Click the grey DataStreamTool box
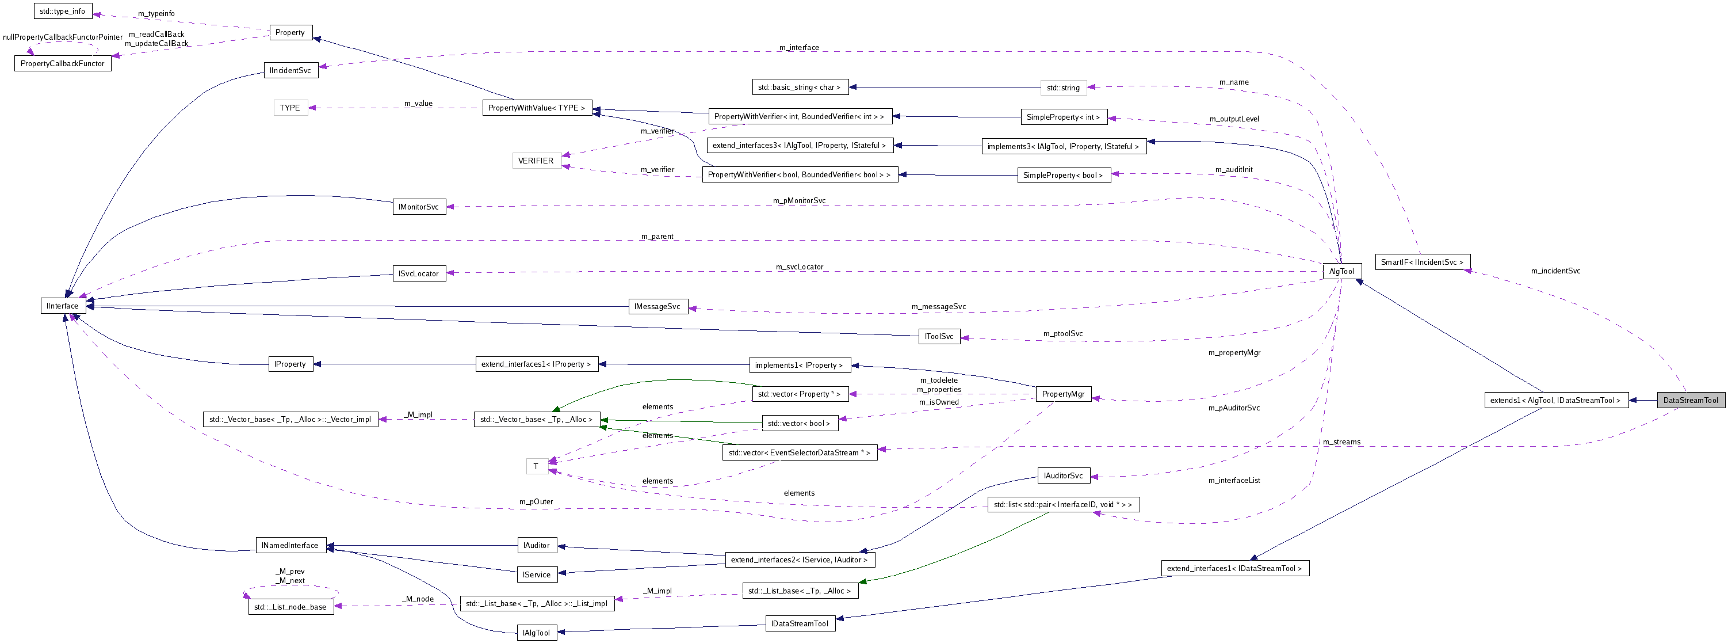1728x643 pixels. (x=1690, y=400)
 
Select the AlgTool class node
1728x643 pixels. (x=1341, y=271)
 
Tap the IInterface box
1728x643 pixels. (x=62, y=306)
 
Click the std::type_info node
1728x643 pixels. (x=62, y=12)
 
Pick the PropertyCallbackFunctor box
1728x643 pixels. (x=62, y=64)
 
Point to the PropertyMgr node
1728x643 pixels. (x=1062, y=394)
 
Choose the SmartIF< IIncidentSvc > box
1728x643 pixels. (x=1421, y=262)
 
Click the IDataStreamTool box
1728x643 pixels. (x=800, y=623)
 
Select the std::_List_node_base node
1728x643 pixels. (x=290, y=607)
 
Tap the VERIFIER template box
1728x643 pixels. (x=536, y=161)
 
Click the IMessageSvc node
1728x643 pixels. (x=657, y=307)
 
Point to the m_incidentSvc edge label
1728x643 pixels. (x=1555, y=271)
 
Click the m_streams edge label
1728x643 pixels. (x=1341, y=442)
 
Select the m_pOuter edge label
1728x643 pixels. (x=536, y=501)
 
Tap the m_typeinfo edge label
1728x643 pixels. (x=156, y=13)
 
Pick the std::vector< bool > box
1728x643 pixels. (x=799, y=424)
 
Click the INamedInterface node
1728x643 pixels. (x=290, y=545)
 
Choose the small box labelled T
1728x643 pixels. (x=536, y=466)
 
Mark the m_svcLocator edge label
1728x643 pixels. (x=799, y=267)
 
